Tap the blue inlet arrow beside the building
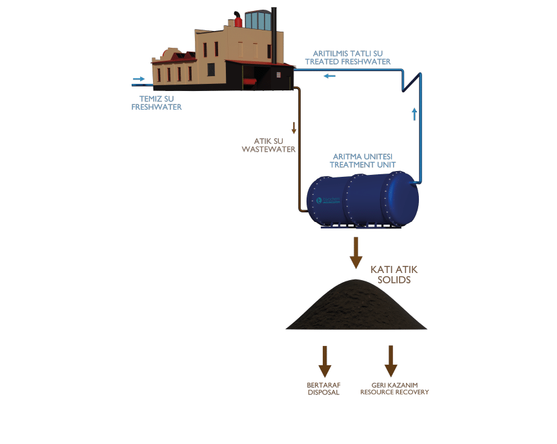pyautogui.click(x=138, y=81)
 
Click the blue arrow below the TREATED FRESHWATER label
pyautogui.click(x=330, y=77)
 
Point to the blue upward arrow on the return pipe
pyautogui.click(x=414, y=115)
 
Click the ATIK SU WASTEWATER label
pyautogui.click(x=268, y=145)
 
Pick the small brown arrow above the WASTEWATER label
pyautogui.click(x=294, y=127)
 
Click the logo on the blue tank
pyautogui.click(x=327, y=200)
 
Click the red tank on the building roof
pyautogui.click(x=238, y=21)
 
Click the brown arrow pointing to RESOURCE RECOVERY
pyautogui.click(x=390, y=361)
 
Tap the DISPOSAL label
pyautogui.click(x=323, y=388)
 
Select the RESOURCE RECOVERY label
pyautogui.click(x=394, y=388)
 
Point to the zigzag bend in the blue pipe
pyautogui.click(x=409, y=81)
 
